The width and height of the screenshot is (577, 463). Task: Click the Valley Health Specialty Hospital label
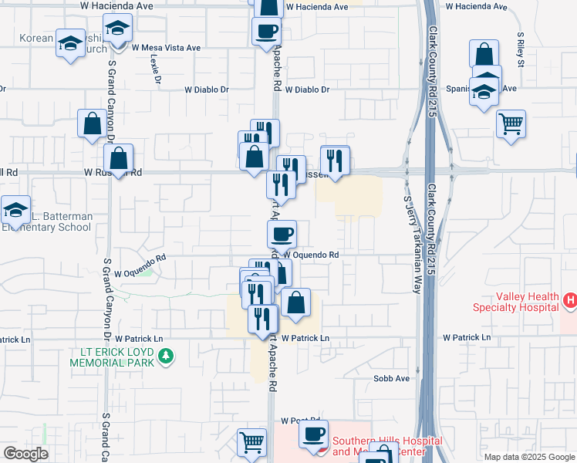tap(516, 302)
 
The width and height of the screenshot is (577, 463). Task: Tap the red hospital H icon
tap(570, 299)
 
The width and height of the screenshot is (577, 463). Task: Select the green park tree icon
tap(164, 357)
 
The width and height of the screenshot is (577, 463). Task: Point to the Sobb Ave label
tap(391, 379)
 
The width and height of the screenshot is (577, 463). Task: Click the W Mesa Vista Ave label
tap(166, 47)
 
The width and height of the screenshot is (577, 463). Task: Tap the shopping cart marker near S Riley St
tap(511, 123)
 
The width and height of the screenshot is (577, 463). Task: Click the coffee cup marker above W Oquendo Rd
tap(281, 232)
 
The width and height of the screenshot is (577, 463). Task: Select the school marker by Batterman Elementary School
tap(15, 209)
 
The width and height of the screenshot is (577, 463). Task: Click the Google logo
tap(25, 454)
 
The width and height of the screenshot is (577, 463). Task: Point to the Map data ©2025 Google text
tap(528, 457)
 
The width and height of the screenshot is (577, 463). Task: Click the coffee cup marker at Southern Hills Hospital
tap(313, 434)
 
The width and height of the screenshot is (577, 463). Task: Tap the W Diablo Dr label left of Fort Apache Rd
tap(207, 90)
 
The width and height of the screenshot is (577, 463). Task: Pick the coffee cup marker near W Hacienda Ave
tap(266, 31)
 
